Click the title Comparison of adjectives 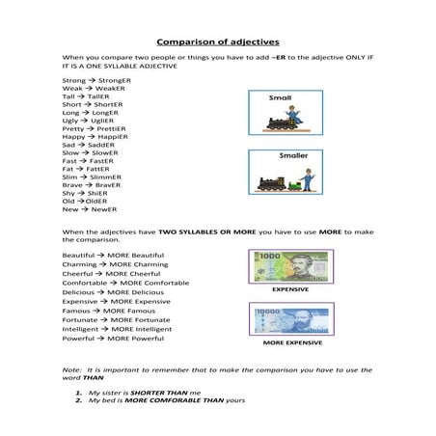[217, 42]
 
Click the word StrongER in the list [114, 80]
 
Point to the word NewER [103, 209]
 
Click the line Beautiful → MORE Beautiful [113, 255]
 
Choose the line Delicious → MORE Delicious [112, 291]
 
